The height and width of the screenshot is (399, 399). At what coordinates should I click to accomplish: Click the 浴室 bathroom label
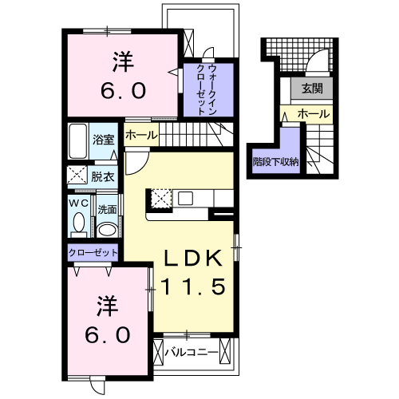tap(104, 139)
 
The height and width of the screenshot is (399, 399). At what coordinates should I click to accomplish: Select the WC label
tap(78, 203)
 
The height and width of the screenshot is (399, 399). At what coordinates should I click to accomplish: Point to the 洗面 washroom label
tap(106, 211)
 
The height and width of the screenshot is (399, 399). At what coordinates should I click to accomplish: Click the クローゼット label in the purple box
tap(93, 252)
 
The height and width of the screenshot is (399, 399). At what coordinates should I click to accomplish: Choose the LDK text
tap(196, 259)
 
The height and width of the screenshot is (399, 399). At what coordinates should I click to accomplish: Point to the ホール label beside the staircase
tap(140, 136)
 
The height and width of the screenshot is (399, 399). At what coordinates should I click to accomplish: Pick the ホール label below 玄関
tap(312, 115)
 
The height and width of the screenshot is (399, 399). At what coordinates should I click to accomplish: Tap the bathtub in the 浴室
tap(77, 141)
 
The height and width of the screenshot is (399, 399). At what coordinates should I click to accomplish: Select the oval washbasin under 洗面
tap(106, 230)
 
